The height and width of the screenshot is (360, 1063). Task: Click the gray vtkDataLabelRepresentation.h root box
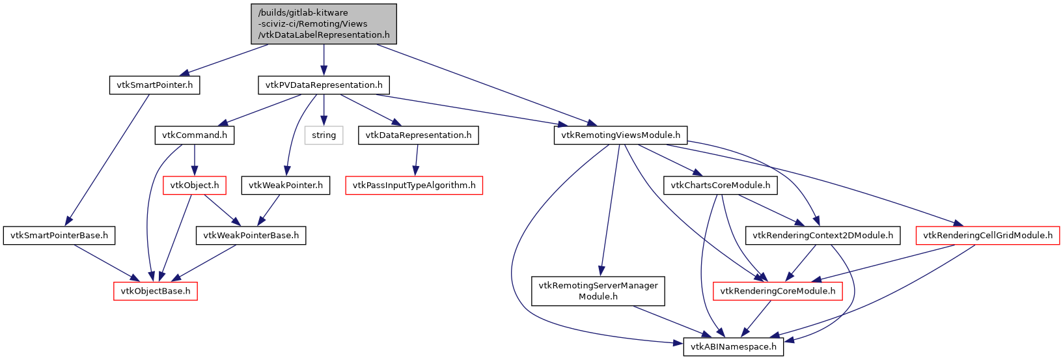click(324, 24)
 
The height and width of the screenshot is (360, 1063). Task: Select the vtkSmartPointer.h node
click(154, 85)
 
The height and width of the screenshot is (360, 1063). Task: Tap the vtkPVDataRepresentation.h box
click(324, 85)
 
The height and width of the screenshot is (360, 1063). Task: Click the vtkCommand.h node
click(194, 135)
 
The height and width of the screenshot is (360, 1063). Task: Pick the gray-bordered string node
click(324, 135)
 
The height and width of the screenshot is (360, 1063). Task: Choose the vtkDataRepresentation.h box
click(418, 135)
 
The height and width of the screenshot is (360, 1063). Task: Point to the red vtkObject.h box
click(194, 186)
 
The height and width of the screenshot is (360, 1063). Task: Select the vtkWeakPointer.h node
click(285, 186)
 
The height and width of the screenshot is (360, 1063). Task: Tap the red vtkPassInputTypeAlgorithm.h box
click(413, 186)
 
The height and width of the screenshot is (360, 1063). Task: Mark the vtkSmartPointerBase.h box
click(59, 236)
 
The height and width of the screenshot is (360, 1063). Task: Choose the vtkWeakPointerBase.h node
click(251, 236)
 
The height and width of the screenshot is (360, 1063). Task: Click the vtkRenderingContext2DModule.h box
click(822, 236)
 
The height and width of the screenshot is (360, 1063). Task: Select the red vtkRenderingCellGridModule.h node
click(987, 236)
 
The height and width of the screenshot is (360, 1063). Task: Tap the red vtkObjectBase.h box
click(155, 291)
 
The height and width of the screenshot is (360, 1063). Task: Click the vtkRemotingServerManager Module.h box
click(598, 291)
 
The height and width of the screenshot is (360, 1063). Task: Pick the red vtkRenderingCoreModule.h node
click(778, 291)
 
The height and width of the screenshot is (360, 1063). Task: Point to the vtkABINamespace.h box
click(734, 347)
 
